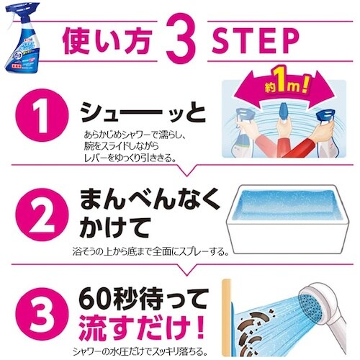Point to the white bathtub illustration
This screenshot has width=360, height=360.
(280, 212)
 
